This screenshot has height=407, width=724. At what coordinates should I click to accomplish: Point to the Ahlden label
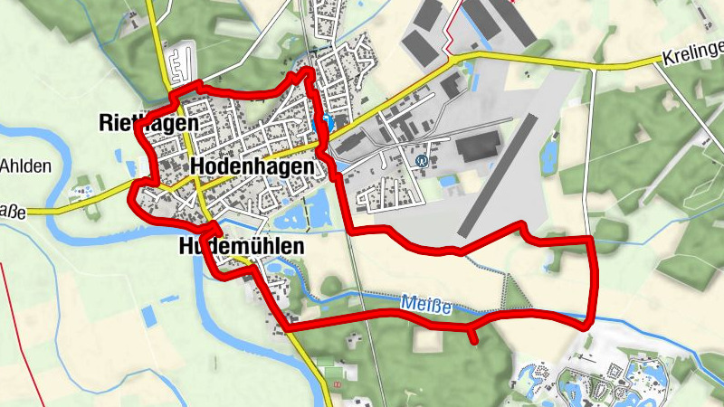coord(25,166)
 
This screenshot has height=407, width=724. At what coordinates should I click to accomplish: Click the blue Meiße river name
coord(424,300)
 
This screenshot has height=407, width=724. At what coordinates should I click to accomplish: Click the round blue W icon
coord(421,161)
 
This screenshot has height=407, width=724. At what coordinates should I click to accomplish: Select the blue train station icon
coord(322,122)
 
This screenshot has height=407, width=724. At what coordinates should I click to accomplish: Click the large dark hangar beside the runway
coord(480,146)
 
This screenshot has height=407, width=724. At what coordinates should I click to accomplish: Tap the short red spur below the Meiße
coord(473,336)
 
